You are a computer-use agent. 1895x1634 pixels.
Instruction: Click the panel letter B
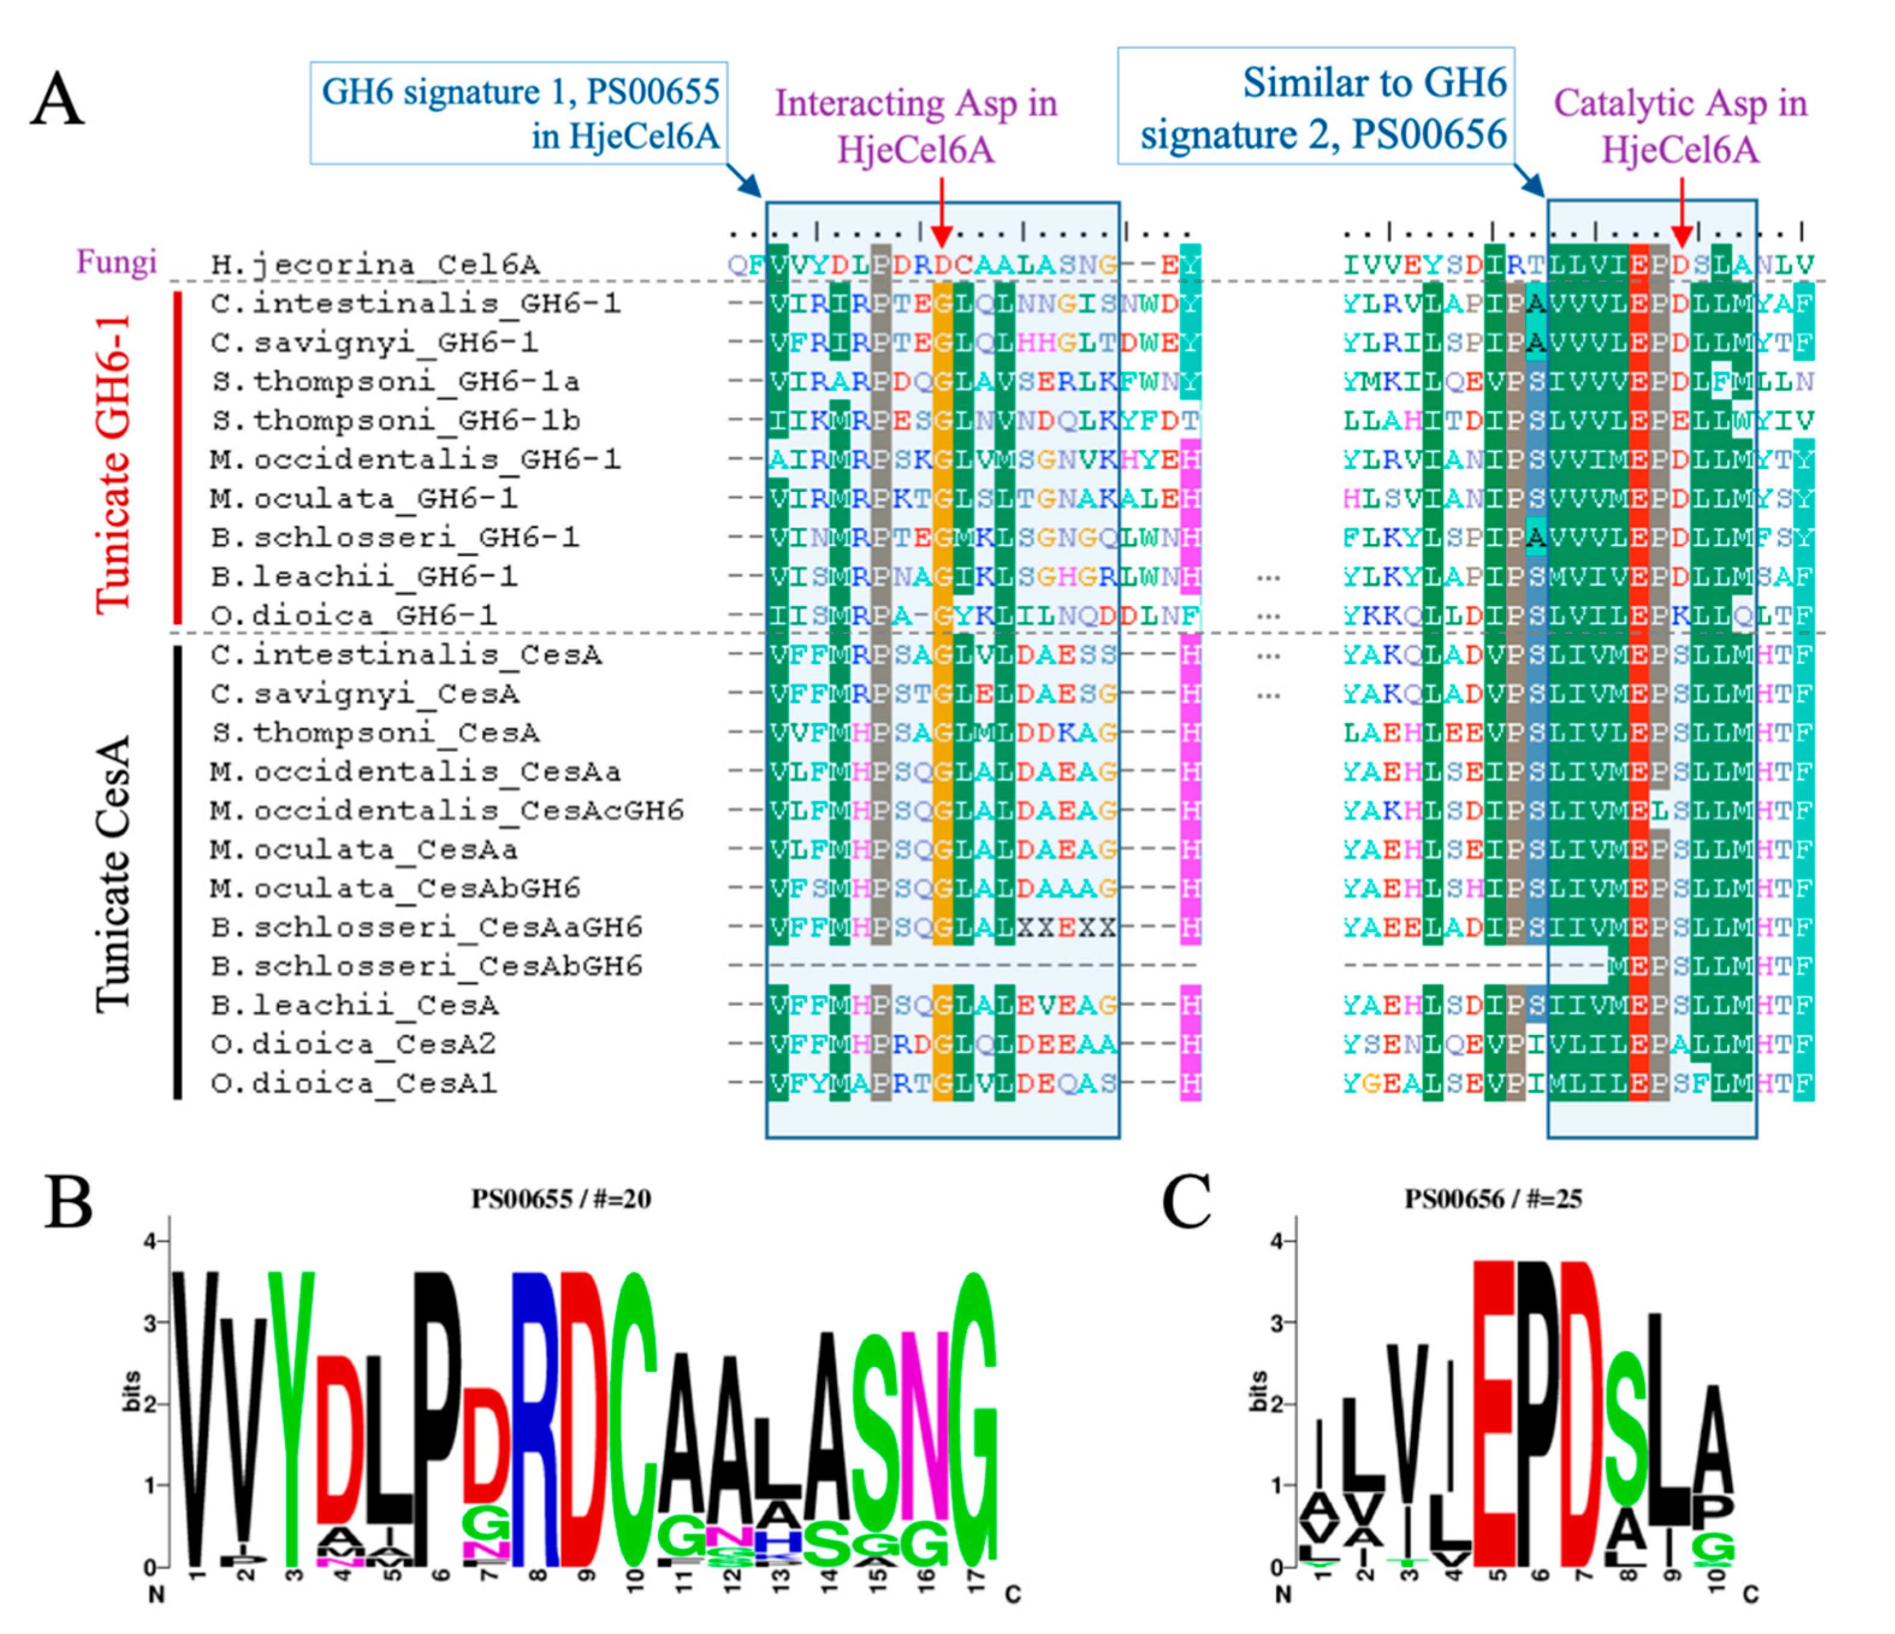pyautogui.click(x=69, y=1202)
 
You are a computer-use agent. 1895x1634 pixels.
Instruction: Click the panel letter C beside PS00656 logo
pyautogui.click(x=1186, y=1202)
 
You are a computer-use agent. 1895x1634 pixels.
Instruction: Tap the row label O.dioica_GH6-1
pyautogui.click(x=354, y=615)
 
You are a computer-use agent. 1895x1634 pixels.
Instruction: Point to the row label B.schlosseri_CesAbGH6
pyautogui.click(x=426, y=966)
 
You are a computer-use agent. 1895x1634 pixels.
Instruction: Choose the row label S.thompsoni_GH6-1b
pyautogui.click(x=395, y=420)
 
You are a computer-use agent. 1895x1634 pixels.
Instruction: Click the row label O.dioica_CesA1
pyautogui.click(x=354, y=1084)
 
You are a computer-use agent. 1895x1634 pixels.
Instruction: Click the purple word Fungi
pyautogui.click(x=116, y=262)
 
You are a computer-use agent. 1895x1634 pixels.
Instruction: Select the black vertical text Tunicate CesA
pyautogui.click(x=114, y=873)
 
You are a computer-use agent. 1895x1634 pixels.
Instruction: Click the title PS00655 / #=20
pyautogui.click(x=561, y=1199)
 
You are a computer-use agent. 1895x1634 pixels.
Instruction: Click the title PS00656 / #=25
pyautogui.click(x=1493, y=1199)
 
